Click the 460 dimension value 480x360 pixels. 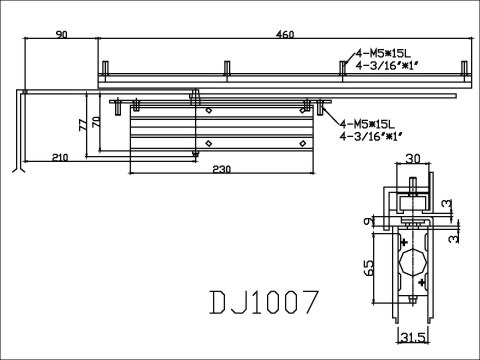[285, 34]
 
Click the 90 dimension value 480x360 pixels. [61, 34]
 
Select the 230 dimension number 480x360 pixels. [221, 169]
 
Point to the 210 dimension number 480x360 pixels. [60, 157]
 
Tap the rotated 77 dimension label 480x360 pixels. [83, 125]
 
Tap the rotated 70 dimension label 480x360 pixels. [96, 122]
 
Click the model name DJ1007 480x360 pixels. [264, 302]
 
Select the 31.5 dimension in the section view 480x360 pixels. [413, 338]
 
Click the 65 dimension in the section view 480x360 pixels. [369, 268]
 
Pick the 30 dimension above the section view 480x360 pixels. [413, 159]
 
